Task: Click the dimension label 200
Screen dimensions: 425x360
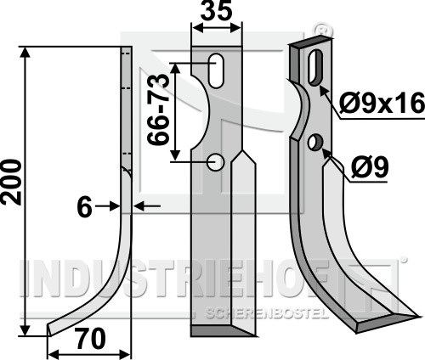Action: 11,183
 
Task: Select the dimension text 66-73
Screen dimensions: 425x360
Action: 158,110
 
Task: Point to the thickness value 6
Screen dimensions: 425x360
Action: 84,207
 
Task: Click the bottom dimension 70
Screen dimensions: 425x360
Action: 91,339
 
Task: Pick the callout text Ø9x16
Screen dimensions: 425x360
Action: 382,104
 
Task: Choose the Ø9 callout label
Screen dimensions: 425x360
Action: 370,167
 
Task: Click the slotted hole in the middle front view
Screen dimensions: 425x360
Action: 216,70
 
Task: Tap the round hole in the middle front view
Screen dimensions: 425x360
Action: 216,162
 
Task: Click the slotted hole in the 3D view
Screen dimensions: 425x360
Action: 315,67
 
